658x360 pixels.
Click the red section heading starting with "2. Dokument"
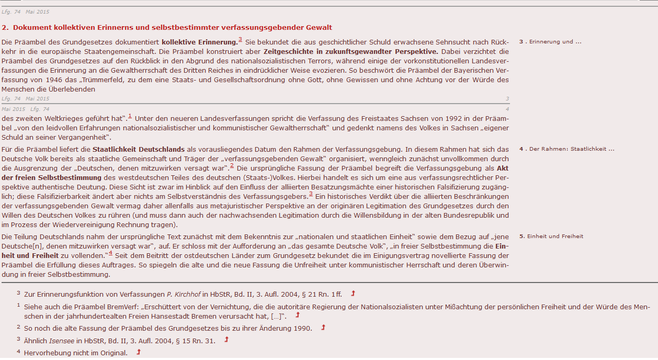click(167, 27)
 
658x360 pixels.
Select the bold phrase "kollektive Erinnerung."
click(199, 41)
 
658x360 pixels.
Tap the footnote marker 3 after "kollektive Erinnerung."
click(240, 40)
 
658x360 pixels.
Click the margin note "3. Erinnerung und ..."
click(550, 41)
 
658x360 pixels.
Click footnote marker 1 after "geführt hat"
click(130, 116)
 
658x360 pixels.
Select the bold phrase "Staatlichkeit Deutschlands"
click(138, 149)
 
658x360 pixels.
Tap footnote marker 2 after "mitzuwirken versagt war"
click(232, 166)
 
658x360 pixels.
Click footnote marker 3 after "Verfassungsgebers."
click(311, 194)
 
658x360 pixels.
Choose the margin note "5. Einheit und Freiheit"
click(551, 237)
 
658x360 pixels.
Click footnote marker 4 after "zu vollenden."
click(110, 254)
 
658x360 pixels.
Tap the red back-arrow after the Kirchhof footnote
click(353, 294)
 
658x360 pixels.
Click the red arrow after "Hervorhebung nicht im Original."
click(139, 353)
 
